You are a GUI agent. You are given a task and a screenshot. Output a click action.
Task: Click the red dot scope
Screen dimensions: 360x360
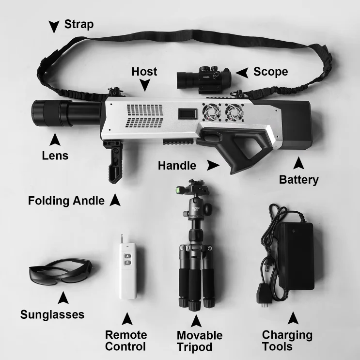(204, 79)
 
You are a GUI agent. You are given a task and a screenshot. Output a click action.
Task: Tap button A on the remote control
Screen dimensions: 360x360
(127, 256)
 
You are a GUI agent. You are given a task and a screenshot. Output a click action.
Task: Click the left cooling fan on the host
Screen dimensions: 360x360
(211, 112)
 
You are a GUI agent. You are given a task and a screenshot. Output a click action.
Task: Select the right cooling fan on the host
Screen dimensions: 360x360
(235, 112)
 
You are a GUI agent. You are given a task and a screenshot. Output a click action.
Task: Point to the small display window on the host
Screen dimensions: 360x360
(188, 114)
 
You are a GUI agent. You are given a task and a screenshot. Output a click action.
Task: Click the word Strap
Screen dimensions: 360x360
(79, 24)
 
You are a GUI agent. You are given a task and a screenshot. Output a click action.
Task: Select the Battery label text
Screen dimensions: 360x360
(298, 180)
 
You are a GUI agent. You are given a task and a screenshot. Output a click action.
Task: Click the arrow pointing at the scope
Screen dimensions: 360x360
(242, 73)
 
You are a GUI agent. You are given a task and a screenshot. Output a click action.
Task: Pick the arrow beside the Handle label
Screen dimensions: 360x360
(213, 165)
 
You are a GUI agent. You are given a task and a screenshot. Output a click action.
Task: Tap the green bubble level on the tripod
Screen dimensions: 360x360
(178, 189)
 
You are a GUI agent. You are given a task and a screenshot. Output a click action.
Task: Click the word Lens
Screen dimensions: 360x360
(55, 156)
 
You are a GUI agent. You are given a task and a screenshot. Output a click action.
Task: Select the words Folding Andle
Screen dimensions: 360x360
(66, 201)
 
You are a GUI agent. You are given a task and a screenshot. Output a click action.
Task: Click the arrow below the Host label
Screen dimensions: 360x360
(145, 85)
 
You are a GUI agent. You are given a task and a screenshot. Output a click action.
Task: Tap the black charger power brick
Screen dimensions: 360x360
(296, 255)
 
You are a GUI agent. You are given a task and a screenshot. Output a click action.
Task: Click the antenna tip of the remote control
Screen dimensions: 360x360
(122, 235)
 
